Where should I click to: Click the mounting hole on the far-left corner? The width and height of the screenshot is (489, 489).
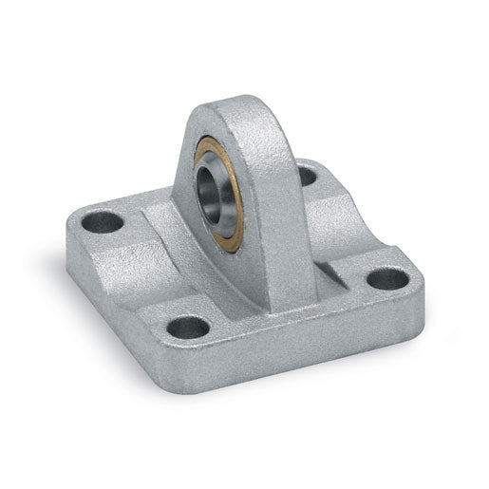pos(103,223)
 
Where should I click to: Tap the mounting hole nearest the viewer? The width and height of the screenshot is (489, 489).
pos(188,328)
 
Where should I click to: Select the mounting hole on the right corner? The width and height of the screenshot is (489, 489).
pos(387,278)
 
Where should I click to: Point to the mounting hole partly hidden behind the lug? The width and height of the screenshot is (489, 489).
pos(306,176)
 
